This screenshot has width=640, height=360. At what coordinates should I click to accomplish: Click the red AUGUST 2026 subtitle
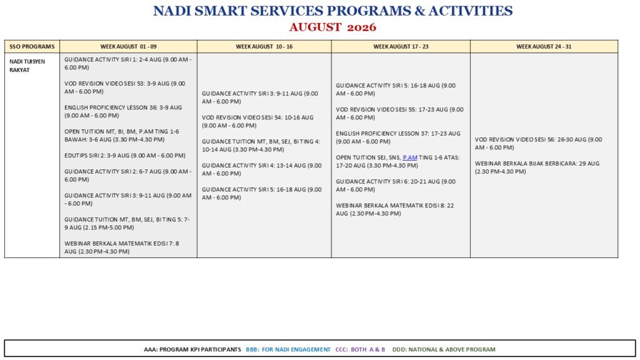[332, 27]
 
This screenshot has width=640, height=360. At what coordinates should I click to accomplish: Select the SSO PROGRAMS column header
[32, 46]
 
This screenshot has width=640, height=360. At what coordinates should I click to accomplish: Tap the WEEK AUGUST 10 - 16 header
[264, 46]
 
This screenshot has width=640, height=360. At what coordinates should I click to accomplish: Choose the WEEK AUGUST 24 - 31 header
[544, 46]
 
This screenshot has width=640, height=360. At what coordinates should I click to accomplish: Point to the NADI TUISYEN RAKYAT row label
[27, 66]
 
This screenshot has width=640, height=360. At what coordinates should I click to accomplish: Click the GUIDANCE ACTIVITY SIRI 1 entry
[128, 64]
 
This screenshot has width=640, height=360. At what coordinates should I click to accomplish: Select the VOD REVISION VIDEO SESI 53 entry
[125, 87]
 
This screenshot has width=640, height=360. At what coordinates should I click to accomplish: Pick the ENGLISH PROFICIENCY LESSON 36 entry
[123, 111]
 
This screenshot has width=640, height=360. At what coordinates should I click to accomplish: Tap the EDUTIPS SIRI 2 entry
[125, 156]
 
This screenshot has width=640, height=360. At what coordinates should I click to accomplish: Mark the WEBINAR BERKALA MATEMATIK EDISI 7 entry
[122, 247]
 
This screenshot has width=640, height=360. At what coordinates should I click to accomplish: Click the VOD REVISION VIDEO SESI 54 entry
[257, 121]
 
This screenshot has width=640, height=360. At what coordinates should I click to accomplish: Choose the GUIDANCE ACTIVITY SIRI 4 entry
[262, 169]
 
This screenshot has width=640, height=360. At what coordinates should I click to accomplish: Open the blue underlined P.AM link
[410, 157]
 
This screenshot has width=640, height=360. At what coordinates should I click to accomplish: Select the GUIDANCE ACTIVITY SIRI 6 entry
[396, 185]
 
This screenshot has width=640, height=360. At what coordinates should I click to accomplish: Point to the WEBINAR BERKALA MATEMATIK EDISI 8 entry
[395, 209]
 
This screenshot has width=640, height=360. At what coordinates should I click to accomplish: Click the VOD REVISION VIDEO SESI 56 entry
[538, 143]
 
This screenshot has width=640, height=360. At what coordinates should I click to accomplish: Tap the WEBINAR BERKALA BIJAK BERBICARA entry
[537, 167]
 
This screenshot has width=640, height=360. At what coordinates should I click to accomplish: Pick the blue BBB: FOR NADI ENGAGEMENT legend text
[288, 349]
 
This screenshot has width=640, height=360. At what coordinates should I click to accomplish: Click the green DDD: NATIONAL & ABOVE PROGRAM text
[444, 349]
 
